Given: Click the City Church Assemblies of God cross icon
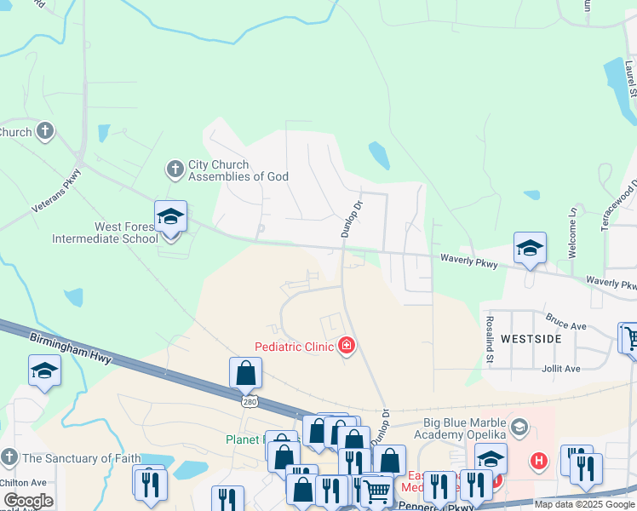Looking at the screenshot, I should tap(175, 169).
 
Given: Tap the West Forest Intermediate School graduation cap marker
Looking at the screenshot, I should tap(170, 218).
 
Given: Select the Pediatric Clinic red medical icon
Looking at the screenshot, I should tap(347, 346).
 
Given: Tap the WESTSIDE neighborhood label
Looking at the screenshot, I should tap(531, 338).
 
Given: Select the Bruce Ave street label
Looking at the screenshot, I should tap(566, 325).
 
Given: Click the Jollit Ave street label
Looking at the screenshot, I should tap(560, 368).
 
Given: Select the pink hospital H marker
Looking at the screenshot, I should tap(538, 462).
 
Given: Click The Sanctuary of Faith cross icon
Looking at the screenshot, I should tap(9, 458).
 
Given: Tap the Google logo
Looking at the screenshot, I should tap(27, 501).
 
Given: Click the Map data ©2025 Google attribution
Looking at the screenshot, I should tap(584, 504).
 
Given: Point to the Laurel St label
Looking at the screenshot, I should tap(630, 77).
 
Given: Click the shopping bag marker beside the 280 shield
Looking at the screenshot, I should tap(245, 373).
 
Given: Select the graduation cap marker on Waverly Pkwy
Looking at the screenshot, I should tap(530, 248).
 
